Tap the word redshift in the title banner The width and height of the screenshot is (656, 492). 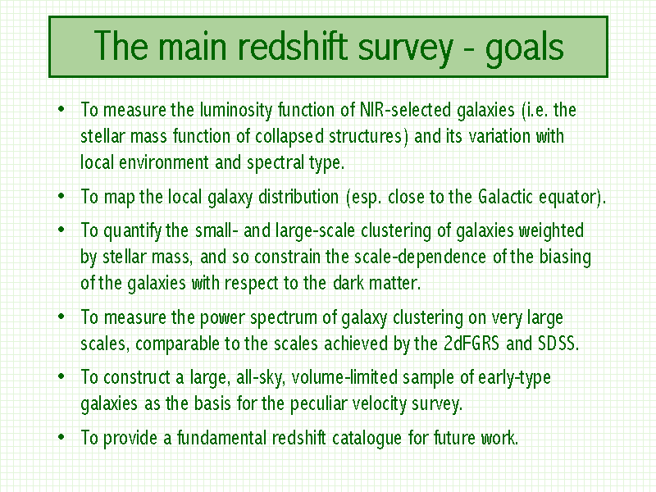point(293,45)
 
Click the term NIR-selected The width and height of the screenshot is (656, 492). point(405,110)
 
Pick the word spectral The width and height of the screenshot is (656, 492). point(276,163)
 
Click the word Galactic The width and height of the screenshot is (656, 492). point(505,197)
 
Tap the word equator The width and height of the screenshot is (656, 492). point(567,198)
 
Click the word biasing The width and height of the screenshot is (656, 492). point(565,257)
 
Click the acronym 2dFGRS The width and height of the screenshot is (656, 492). point(471,344)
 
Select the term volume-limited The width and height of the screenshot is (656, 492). point(344,377)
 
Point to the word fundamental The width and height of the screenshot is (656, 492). point(221,438)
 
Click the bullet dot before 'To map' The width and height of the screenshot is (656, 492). point(61,196)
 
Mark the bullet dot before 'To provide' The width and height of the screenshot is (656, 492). point(61,437)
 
